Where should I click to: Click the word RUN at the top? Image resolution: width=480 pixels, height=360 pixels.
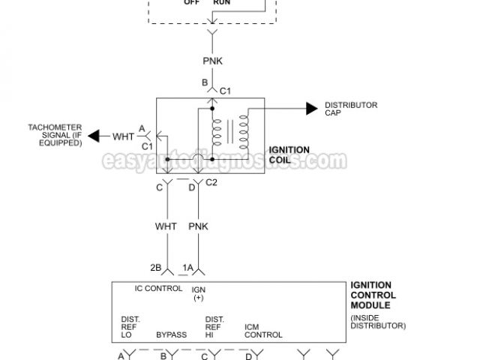coord(222,2)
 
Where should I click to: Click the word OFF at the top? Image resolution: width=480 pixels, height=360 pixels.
coord(193,2)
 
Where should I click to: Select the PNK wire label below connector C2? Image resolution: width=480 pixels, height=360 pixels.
coord(199,226)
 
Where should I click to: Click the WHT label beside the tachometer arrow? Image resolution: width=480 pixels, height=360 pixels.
coord(124,136)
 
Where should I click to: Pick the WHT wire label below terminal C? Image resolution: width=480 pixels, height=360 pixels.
coord(166,226)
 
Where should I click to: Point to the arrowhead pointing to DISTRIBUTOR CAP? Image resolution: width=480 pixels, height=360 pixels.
coord(311,109)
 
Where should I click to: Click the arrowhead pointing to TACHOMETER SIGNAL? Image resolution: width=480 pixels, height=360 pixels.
coord(94,136)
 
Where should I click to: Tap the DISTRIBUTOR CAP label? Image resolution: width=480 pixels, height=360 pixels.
coord(351,109)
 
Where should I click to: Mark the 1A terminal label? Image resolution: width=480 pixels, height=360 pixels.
coord(187,266)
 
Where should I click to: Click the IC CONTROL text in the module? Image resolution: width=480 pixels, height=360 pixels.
coord(157,288)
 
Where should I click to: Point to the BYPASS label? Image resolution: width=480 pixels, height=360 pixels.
coord(171,334)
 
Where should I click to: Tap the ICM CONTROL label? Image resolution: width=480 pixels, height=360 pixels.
coord(263,331)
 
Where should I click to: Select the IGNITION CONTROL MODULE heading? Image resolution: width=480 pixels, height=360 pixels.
coord(373,295)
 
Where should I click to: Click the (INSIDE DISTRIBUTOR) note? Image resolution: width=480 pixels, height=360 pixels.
coord(378,322)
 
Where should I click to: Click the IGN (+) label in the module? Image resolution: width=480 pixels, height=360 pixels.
coord(199,293)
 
